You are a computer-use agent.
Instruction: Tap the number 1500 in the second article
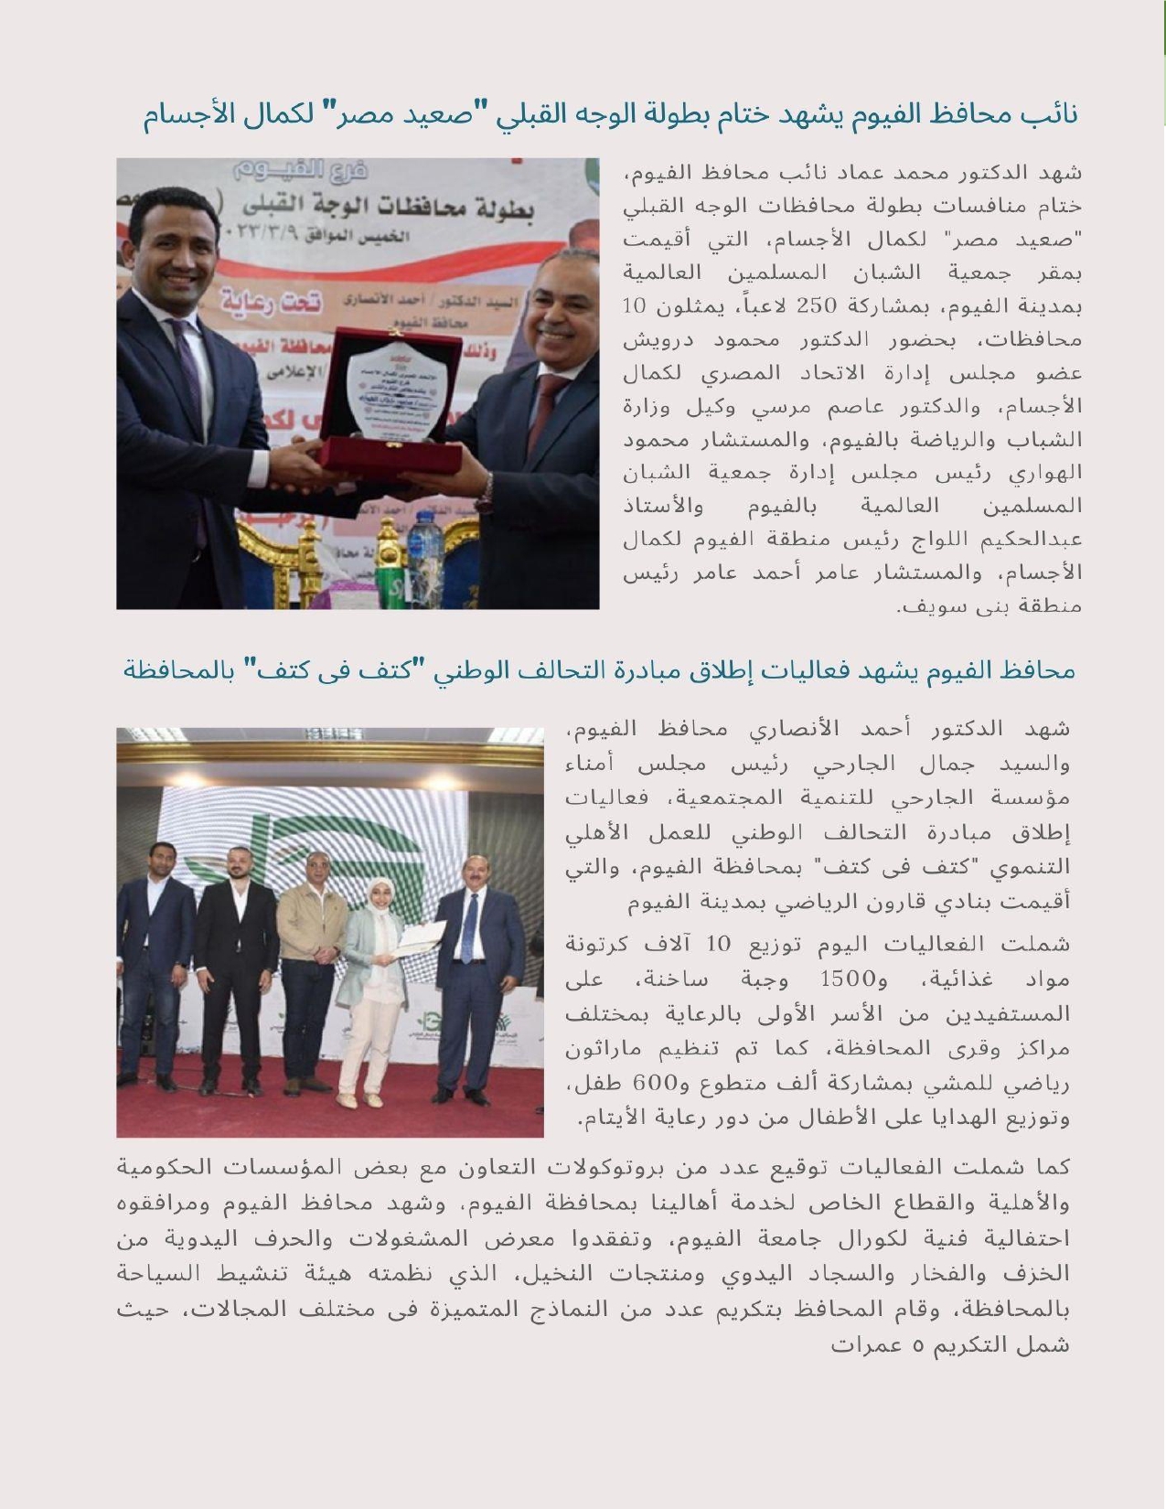[848, 979]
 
